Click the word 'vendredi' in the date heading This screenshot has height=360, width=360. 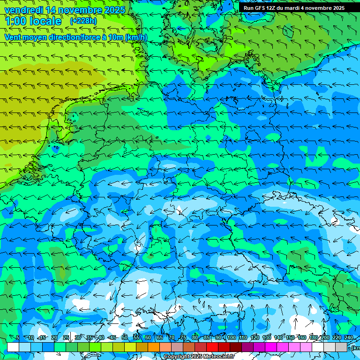pyautogui.click(x=24, y=10)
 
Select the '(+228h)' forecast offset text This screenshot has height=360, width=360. pyautogui.click(x=83, y=21)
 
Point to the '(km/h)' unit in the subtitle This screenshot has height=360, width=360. pyautogui.click(x=136, y=37)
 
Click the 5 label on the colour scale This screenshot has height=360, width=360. pyautogui.click(x=18, y=337)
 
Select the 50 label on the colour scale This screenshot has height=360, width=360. pyautogui.click(x=125, y=337)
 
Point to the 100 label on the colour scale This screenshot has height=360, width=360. pyautogui.click(x=231, y=337)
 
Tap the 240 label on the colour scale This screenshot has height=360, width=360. pyautogui.click(x=348, y=337)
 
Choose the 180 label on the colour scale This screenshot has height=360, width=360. pyautogui.click(x=313, y=337)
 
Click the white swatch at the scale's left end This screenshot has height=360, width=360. pyautogui.click(x=13, y=347)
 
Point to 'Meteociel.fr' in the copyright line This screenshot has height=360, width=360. pyautogui.click(x=219, y=357)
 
